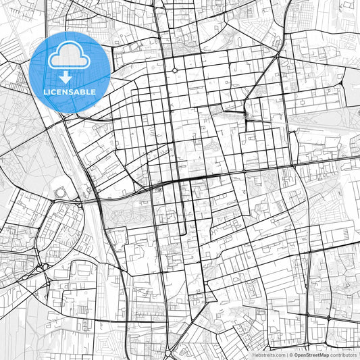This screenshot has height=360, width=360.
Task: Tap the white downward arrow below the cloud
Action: pyautogui.click(x=70, y=76)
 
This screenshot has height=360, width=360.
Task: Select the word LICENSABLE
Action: pyautogui.click(x=70, y=92)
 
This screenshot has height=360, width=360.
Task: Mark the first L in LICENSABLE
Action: pyautogui.click(x=45, y=92)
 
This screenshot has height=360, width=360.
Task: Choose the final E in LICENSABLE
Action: pyautogui.click(x=93, y=92)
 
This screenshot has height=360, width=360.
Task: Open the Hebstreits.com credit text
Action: pyautogui.click(x=268, y=355)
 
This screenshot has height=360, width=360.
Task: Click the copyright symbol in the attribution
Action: pyautogui.click(x=290, y=355)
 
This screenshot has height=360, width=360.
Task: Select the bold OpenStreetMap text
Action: pyautogui.click(x=311, y=355)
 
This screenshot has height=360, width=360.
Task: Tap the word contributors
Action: pyautogui.click(x=344, y=355)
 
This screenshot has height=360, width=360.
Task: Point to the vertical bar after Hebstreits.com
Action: pyautogui.click(x=286, y=355)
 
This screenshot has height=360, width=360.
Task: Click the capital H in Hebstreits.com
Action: pyautogui.click(x=254, y=355)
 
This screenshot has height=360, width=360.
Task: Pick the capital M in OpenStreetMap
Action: pyautogui.click(x=322, y=355)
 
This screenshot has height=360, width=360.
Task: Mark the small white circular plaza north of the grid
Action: pyautogui.click(x=174, y=70)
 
